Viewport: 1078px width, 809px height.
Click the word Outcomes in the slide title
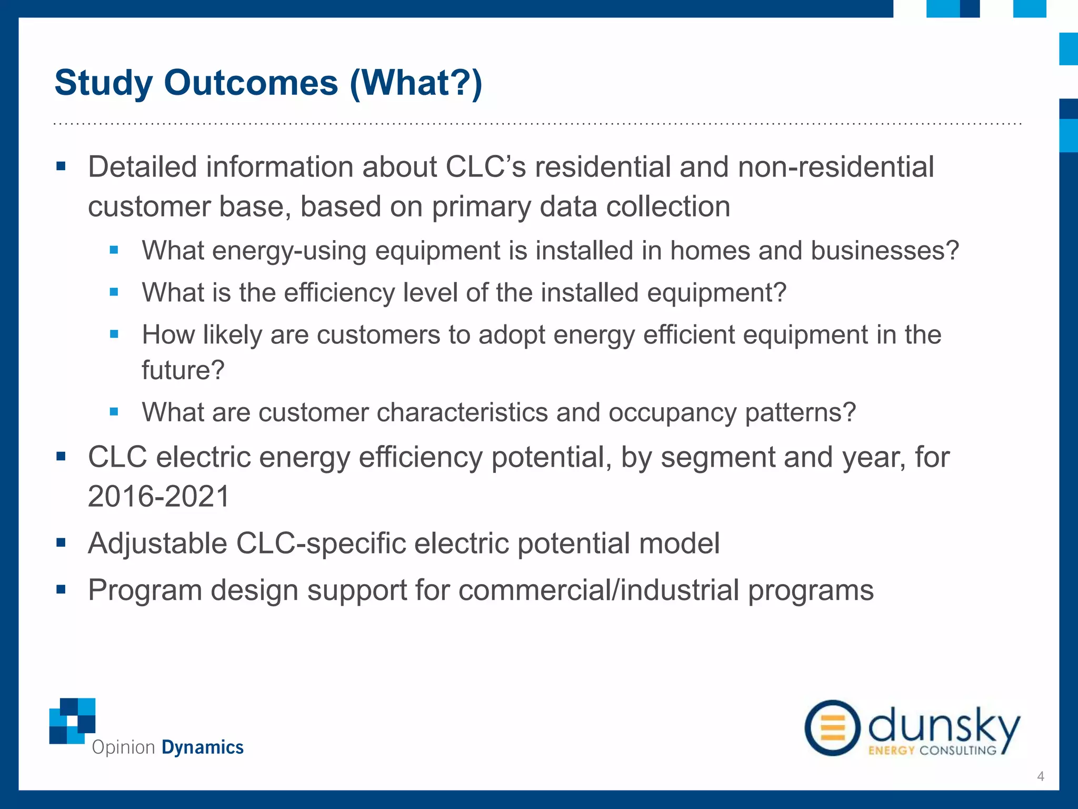coord(251,83)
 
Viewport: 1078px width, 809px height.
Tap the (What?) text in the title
coord(416,83)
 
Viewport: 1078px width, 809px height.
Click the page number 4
coord(1040,776)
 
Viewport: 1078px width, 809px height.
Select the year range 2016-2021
coord(159,496)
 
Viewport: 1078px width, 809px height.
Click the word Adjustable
coord(157,544)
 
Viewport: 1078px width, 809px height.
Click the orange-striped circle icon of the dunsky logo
coord(832,728)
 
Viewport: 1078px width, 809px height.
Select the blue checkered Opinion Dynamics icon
coord(72,721)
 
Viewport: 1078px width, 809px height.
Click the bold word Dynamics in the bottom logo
coord(202,747)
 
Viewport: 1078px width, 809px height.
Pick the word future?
coord(183,370)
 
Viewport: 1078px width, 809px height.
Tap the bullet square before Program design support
coord(61,589)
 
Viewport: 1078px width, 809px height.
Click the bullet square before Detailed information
coord(61,166)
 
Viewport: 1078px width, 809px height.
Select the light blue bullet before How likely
coord(114,334)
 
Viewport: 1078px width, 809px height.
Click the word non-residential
coord(836,167)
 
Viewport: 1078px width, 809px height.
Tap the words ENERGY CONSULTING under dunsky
coord(932,750)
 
